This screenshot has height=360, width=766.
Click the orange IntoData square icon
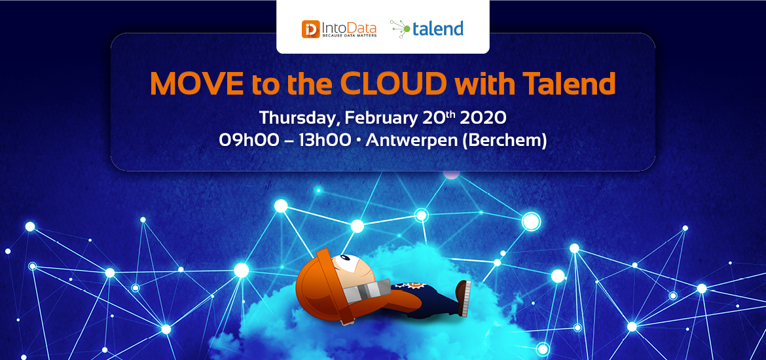[x=311, y=29]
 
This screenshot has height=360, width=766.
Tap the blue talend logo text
[x=438, y=28]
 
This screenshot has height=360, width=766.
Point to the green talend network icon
[x=401, y=29]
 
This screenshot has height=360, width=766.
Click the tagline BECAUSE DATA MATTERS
[x=349, y=36]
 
